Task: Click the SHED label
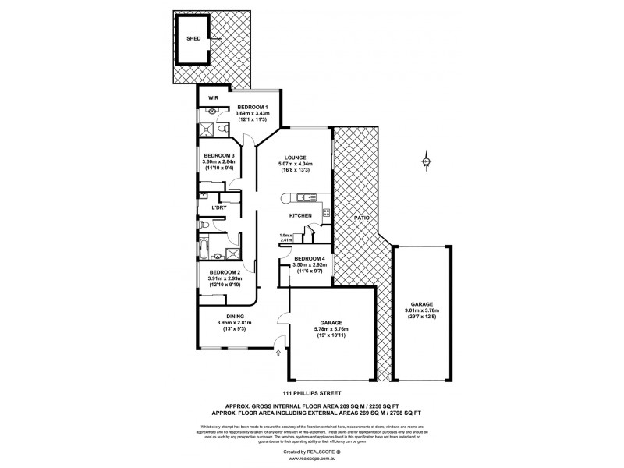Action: tap(192, 39)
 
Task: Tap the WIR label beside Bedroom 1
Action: tap(212, 99)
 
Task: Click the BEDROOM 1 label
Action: tap(253, 107)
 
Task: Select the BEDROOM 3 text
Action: tap(218, 154)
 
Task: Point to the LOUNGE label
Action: tap(295, 157)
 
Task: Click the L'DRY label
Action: tap(219, 208)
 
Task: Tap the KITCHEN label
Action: tap(300, 215)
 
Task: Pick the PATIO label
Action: tap(361, 218)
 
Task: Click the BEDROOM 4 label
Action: tap(307, 258)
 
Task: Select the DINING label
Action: tap(235, 316)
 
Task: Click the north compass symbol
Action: tap(427, 161)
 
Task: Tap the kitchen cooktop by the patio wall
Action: tap(328, 212)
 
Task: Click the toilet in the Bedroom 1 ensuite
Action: tap(222, 129)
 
